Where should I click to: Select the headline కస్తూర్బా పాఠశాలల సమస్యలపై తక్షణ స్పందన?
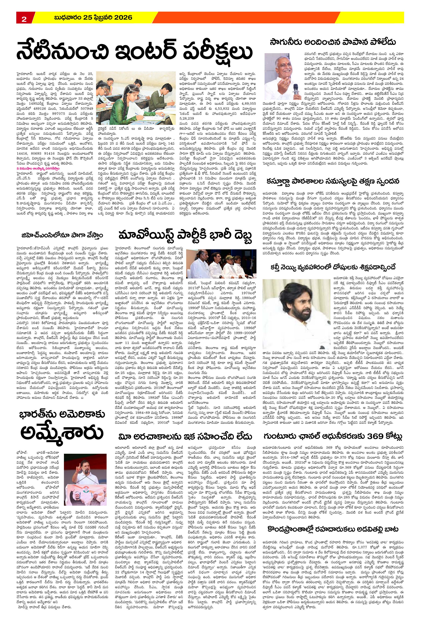point(333,181)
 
